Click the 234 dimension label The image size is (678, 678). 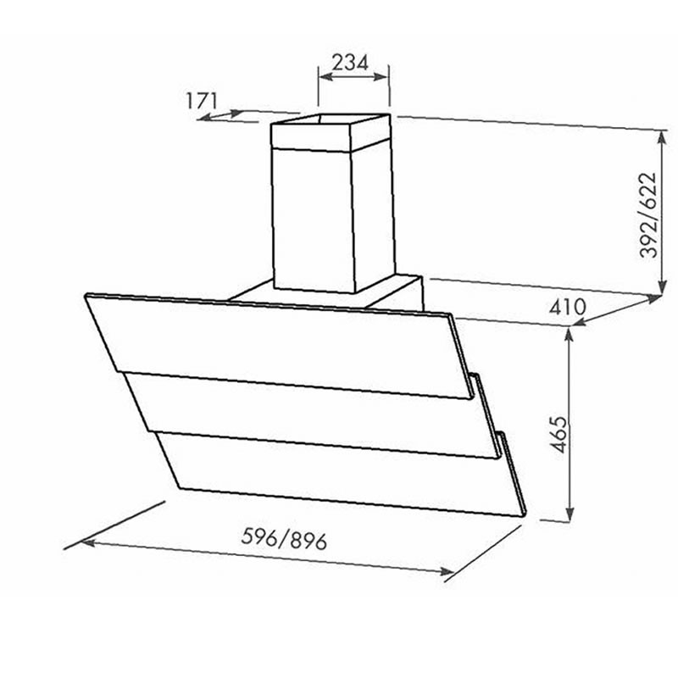[350, 63]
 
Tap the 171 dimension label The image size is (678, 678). [202, 101]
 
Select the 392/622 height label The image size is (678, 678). [648, 215]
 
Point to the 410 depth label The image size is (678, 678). [567, 307]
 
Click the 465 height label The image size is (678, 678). [560, 434]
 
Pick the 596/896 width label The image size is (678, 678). [284, 539]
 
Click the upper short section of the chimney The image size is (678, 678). [331, 133]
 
